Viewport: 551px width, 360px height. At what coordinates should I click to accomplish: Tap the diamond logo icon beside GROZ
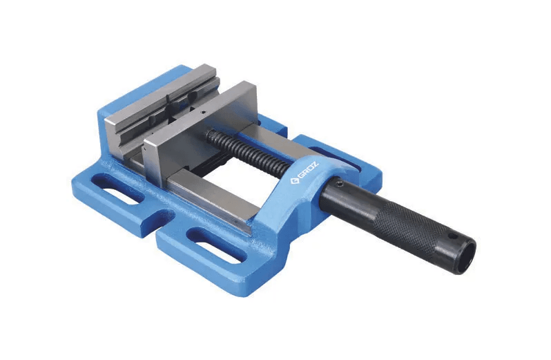tap(293, 182)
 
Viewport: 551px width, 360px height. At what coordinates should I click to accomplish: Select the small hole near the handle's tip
tap(454, 236)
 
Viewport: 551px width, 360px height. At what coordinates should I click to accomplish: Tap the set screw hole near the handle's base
tap(338, 184)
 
